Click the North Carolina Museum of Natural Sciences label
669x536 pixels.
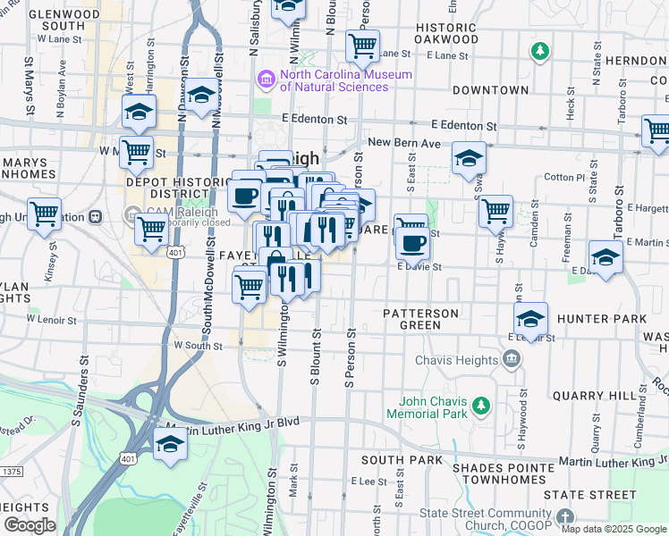pos(345,80)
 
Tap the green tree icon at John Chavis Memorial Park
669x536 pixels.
pos(481,407)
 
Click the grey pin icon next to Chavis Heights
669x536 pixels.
pos(511,360)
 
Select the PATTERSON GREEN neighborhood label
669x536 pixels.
pos(420,319)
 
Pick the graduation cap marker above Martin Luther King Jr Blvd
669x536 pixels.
pos(169,444)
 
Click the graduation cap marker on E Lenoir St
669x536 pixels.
pos(530,319)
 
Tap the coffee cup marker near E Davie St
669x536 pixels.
pos(412,242)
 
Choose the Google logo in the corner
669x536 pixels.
pos(30,524)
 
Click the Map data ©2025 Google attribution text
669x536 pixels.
pos(614,529)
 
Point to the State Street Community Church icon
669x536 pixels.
pos(564,517)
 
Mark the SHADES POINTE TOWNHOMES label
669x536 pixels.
pos(505,473)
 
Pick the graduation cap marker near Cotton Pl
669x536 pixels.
pos(469,158)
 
